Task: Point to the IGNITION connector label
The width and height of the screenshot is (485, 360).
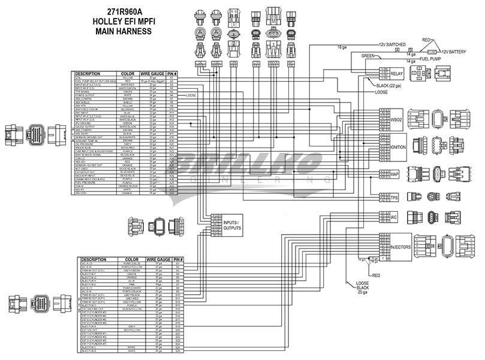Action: click(398, 146)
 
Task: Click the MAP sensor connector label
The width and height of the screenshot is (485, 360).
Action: click(394, 175)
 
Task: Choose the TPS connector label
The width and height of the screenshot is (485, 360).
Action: click(394, 197)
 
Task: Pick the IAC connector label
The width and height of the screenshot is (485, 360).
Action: click(393, 217)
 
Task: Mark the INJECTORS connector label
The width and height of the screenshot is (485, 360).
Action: click(399, 247)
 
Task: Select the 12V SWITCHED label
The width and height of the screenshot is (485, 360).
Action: click(392, 45)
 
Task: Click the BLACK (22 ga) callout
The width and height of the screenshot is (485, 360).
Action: click(391, 86)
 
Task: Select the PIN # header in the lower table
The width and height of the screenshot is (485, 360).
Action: click(178, 260)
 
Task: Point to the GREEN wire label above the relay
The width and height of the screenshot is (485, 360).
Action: click(368, 56)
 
